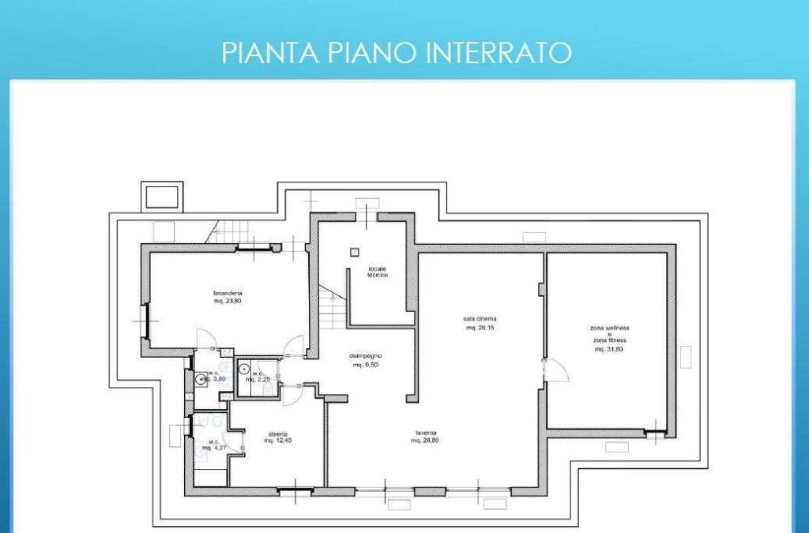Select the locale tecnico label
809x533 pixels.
pyautogui.click(x=377, y=272)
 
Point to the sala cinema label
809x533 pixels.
pyautogui.click(x=480, y=319)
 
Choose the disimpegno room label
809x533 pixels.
pyautogui.click(x=367, y=355)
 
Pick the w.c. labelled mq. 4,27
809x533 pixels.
pyautogui.click(x=214, y=445)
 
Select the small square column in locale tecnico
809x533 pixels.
pyautogui.click(x=355, y=252)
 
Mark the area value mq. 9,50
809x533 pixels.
pyautogui.click(x=367, y=365)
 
